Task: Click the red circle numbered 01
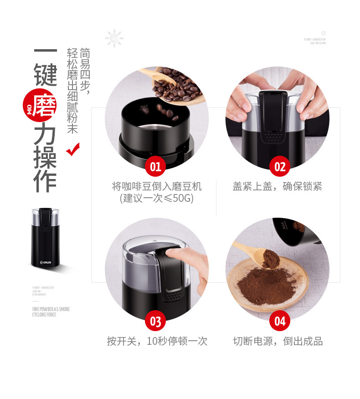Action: coord(155,166)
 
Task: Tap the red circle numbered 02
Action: coord(279,166)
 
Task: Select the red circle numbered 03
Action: coord(155,322)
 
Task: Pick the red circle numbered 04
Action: coord(279,322)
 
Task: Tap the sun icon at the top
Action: coord(114,37)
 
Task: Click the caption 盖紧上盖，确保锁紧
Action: coord(278,187)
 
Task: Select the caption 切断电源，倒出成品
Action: coord(278,341)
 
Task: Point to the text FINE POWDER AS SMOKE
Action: coord(51,309)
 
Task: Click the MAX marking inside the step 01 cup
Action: coord(145,108)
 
